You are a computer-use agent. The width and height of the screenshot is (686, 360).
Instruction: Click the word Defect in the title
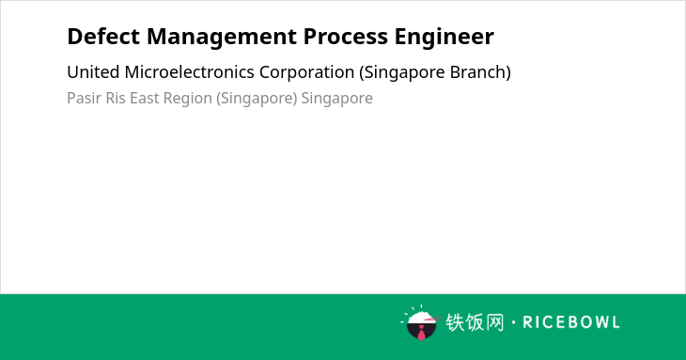coord(103,37)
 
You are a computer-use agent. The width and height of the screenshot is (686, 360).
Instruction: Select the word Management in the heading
coord(222,38)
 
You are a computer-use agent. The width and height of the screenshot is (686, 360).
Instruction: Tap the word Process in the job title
coord(346,37)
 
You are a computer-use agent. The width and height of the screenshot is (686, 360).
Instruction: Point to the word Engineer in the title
coord(444,38)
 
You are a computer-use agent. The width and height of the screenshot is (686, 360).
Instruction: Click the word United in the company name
coord(93,72)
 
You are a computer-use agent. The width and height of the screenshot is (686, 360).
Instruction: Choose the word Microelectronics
coord(190,72)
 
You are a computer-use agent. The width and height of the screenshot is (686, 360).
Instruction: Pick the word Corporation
coord(306,73)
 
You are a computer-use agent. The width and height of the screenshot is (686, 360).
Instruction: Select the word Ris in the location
coord(116,98)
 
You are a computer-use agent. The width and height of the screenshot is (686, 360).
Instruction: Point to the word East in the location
coord(145,98)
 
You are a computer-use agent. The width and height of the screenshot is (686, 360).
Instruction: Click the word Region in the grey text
coord(188,99)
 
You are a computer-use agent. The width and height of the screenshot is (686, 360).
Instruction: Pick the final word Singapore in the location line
coord(336,99)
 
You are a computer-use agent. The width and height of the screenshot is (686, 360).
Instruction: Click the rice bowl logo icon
coord(421,322)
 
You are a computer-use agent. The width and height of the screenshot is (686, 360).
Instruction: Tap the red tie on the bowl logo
coord(421,334)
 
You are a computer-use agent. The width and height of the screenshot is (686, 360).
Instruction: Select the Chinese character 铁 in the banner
coord(455,322)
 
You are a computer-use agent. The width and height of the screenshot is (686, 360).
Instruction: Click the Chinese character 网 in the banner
coord(494,322)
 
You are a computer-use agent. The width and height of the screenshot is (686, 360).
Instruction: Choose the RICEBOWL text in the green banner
coord(571,322)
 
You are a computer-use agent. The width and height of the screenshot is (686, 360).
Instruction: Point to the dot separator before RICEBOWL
coord(513,322)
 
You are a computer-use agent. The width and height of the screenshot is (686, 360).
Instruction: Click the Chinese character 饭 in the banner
coord(475,322)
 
